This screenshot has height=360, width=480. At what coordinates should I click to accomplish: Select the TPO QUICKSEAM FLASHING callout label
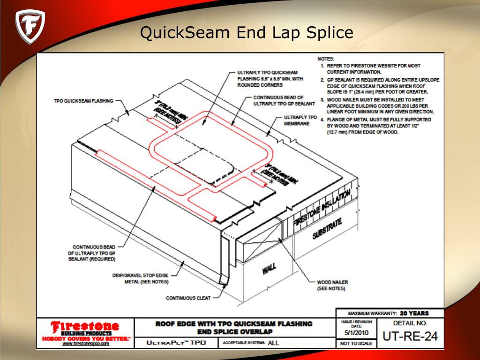pyautogui.click(x=82, y=100)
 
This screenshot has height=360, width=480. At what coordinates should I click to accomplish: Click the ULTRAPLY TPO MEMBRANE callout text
pyautogui.click(x=300, y=120)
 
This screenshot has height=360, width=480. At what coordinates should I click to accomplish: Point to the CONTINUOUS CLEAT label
pyautogui.click(x=188, y=298)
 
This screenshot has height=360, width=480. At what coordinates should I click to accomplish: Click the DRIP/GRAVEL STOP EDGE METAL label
pyautogui.click(x=140, y=278)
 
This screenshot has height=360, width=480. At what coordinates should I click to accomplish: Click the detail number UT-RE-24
pyautogui.click(x=406, y=336)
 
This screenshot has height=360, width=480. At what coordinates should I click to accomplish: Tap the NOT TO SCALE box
pyautogui.click(x=356, y=344)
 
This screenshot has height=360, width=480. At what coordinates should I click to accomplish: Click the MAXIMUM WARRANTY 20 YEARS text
pyautogui.click(x=388, y=313)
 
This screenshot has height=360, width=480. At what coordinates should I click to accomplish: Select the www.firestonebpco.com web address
pyautogui.click(x=86, y=344)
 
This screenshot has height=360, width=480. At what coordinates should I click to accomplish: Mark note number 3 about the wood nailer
pyautogui.click(x=380, y=106)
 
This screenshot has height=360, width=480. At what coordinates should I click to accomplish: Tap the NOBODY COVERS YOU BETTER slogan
pyautogui.click(x=86, y=338)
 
